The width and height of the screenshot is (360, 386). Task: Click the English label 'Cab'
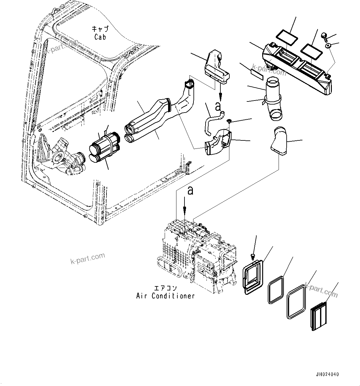[100, 37]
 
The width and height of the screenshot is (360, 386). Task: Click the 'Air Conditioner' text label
[165, 296]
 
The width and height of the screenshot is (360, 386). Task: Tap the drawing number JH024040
[327, 374]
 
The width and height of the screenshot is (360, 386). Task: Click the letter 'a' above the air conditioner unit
[190, 191]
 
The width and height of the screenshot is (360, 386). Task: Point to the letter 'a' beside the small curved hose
[218, 106]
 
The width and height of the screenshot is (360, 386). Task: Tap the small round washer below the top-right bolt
[328, 46]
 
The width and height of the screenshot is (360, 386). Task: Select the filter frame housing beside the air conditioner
[253, 276]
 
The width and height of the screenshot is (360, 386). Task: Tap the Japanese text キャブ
[100, 29]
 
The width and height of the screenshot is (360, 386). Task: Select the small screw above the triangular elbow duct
[229, 121]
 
